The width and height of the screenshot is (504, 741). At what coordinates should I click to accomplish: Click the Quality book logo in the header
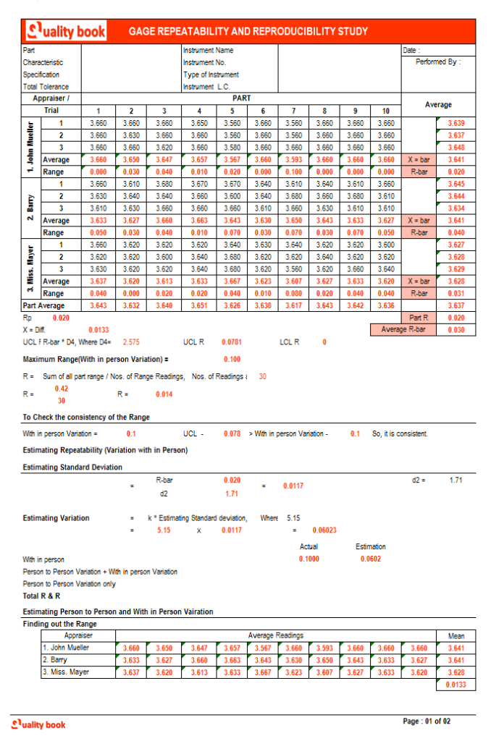(66, 31)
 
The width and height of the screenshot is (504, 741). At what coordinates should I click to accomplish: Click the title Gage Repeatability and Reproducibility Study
(248, 32)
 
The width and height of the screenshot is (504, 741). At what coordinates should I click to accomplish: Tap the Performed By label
(437, 62)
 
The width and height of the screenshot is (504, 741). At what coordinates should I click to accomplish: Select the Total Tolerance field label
(46, 87)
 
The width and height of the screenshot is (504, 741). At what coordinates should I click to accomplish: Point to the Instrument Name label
(208, 51)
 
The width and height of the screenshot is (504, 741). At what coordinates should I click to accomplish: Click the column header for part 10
(386, 111)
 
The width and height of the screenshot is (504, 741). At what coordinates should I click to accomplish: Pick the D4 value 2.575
(131, 342)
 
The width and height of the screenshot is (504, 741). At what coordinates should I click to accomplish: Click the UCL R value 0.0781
(231, 342)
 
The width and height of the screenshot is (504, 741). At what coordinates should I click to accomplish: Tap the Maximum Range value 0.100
(232, 359)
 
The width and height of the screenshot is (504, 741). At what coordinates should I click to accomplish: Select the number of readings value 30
(262, 376)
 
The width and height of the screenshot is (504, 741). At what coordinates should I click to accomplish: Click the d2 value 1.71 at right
(455, 480)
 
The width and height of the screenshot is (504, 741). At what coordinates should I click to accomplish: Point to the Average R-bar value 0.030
(456, 330)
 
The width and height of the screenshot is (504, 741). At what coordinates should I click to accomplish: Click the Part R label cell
(419, 318)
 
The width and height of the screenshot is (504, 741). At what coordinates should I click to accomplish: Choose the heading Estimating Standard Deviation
(72, 467)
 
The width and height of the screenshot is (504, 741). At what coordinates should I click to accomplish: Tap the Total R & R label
(42, 596)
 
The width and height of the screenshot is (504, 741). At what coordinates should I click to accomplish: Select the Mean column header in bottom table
(456, 636)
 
